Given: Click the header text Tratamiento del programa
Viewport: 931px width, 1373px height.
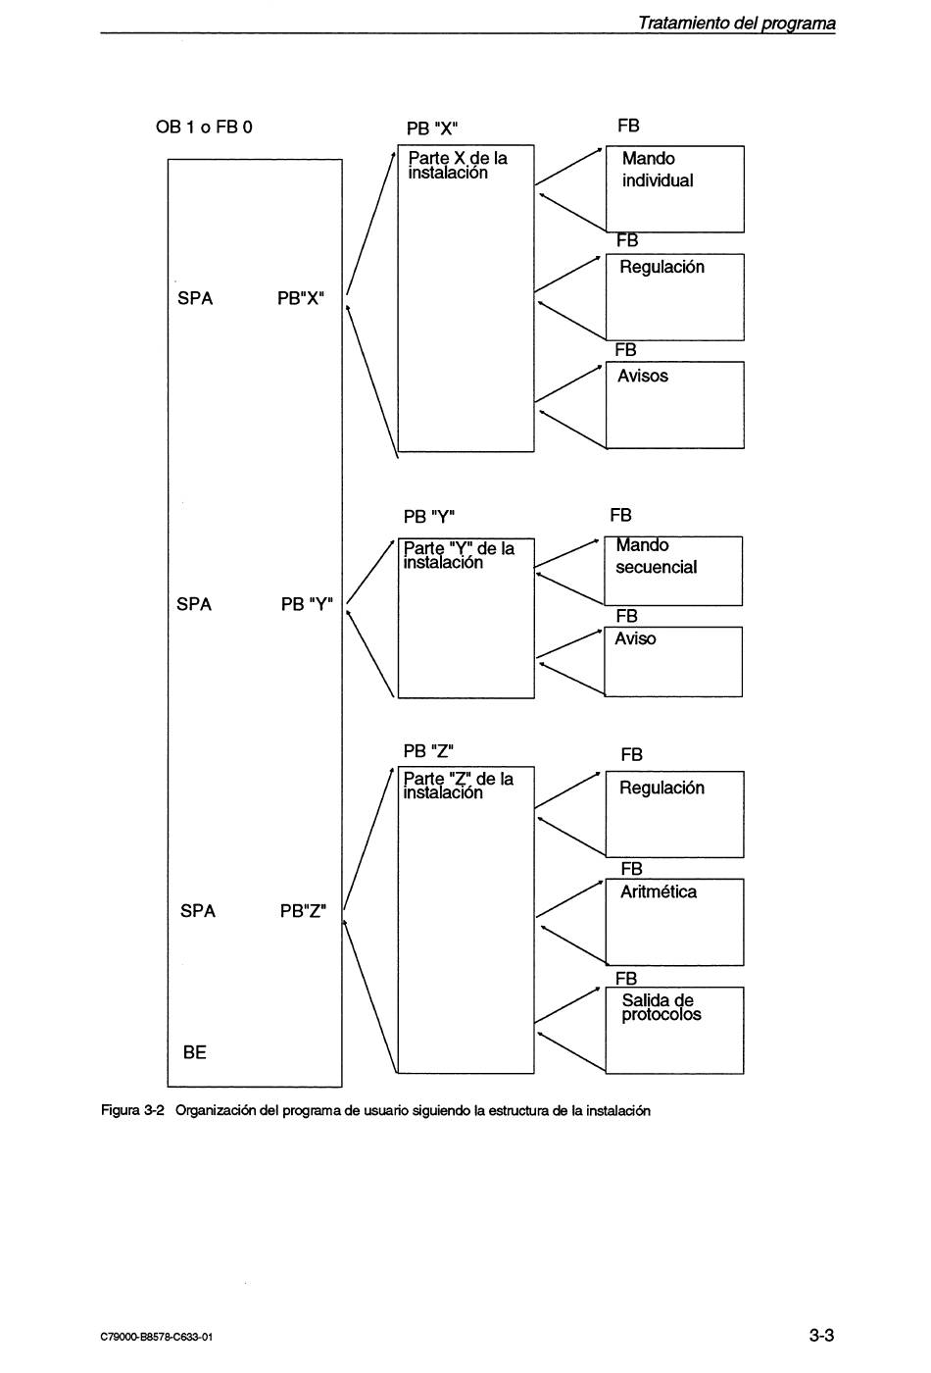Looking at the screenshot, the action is point(736,24).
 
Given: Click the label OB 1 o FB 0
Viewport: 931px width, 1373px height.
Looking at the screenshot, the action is point(204,127).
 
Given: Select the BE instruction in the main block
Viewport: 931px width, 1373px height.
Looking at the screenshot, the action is point(195,1052).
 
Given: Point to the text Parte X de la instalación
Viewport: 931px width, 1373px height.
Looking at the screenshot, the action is point(458,166).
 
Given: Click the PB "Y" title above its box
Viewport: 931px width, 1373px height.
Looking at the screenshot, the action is point(429,517).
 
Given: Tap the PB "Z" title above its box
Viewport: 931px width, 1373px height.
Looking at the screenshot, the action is point(428,751).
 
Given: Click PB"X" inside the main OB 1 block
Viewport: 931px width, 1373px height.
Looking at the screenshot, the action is point(300,298).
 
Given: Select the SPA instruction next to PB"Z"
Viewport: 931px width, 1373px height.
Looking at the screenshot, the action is point(198,911).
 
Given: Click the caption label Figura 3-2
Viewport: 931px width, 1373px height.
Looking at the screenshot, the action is point(133,1110).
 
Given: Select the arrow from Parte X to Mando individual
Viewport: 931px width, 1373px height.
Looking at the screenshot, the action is point(568,166).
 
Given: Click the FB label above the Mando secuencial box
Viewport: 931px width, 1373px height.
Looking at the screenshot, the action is point(620,515).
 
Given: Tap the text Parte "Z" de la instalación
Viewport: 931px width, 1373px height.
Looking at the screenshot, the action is point(459,786).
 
